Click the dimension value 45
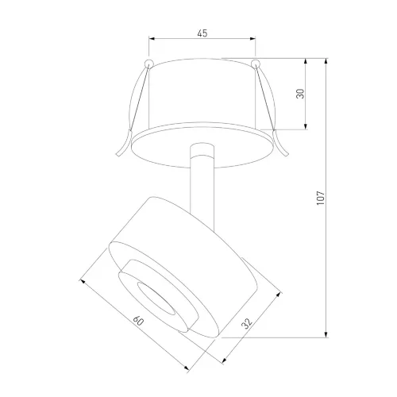(202, 33)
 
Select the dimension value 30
(300, 94)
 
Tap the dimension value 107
(320, 198)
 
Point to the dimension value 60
(138, 321)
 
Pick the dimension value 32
(247, 323)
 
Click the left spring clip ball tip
(148, 64)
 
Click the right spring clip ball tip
(256, 64)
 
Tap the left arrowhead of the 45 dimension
(152, 39)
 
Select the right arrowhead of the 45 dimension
(252, 39)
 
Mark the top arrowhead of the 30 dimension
(306, 61)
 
